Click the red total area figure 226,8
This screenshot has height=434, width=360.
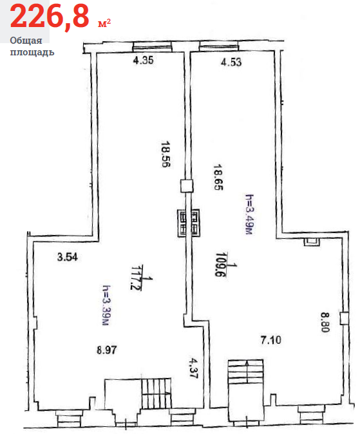click(x=50, y=17)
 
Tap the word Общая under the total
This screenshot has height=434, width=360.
click(x=26, y=41)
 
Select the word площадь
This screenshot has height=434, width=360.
click(x=32, y=52)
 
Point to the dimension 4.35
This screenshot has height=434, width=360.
click(x=143, y=60)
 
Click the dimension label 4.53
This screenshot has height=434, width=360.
click(x=231, y=62)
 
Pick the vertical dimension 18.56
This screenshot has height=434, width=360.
click(x=166, y=155)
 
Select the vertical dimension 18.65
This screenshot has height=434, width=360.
click(x=218, y=177)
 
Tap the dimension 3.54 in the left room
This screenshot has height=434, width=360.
click(x=67, y=257)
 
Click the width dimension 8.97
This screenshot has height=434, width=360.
click(x=107, y=350)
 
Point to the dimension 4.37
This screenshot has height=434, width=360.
click(x=193, y=368)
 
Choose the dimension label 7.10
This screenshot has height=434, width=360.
click(x=271, y=339)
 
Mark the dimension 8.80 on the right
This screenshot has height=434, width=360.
click(x=325, y=322)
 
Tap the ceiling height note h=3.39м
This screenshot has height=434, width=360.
click(x=107, y=305)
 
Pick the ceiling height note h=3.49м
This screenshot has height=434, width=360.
click(x=249, y=214)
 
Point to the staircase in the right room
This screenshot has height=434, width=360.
click(x=245, y=371)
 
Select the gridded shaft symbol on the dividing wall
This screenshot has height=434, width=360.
click(x=188, y=223)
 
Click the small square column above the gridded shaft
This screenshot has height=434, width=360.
click(x=187, y=186)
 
